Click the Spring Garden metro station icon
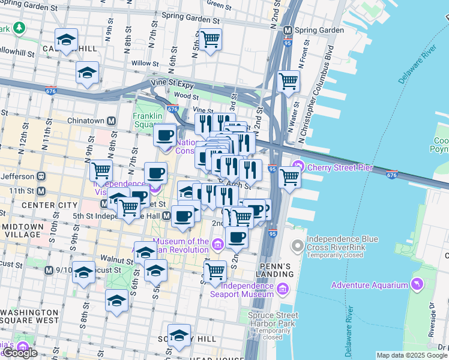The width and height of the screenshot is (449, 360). tap(288, 29)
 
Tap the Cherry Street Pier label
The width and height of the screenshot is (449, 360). tap(331, 167)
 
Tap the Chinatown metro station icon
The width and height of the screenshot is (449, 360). tap(112, 121)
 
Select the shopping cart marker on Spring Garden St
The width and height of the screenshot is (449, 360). tap(210, 40)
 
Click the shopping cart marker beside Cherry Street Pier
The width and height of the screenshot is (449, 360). tap(289, 176)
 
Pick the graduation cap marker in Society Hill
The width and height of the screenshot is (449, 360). tap(179, 335)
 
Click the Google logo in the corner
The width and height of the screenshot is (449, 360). tap(20, 353)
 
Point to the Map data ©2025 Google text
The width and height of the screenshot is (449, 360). tap(411, 355)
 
